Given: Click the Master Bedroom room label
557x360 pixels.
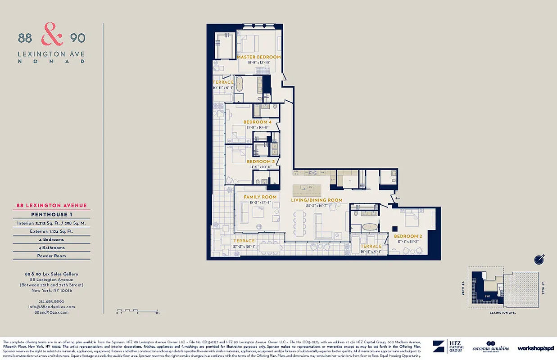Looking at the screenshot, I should (258, 57).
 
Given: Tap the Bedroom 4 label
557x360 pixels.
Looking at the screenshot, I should (258, 122).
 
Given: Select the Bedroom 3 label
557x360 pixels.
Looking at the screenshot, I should (261, 162).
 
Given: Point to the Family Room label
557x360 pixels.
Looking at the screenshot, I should (260, 197).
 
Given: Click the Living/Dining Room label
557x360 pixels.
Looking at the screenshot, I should (317, 200).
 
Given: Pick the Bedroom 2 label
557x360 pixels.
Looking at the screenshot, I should (408, 236).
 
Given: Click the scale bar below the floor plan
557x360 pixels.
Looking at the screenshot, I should (137, 310).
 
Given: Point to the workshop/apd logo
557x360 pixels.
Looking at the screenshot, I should (535, 348).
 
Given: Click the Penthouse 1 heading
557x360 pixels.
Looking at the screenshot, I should (51, 214).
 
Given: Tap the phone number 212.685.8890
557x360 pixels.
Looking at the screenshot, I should (52, 301).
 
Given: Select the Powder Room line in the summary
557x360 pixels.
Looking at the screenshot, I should (51, 256).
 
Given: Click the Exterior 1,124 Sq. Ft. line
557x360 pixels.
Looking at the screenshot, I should (51, 231).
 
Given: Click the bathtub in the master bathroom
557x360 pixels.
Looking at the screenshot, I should (240, 84).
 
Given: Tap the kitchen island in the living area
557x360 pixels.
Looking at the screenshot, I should (308, 188).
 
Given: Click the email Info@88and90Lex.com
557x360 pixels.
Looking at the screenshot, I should (51, 306).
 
